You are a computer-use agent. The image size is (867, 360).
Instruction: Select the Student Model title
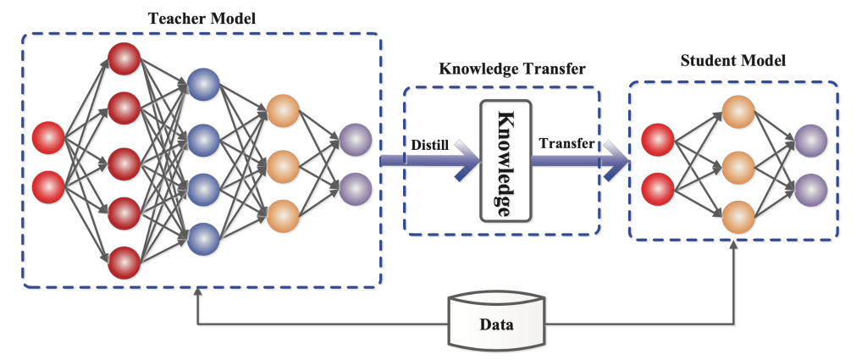point(732,61)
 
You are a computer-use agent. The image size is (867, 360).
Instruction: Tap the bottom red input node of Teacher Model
point(48,186)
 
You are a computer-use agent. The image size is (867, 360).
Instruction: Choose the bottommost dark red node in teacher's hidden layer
point(124,261)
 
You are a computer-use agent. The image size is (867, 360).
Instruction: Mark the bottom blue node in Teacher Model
point(203,238)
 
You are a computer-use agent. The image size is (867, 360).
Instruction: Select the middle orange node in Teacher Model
point(283,163)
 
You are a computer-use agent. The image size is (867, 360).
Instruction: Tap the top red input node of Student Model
point(657,139)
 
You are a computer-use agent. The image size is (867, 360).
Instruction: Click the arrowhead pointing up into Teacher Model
point(197,291)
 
